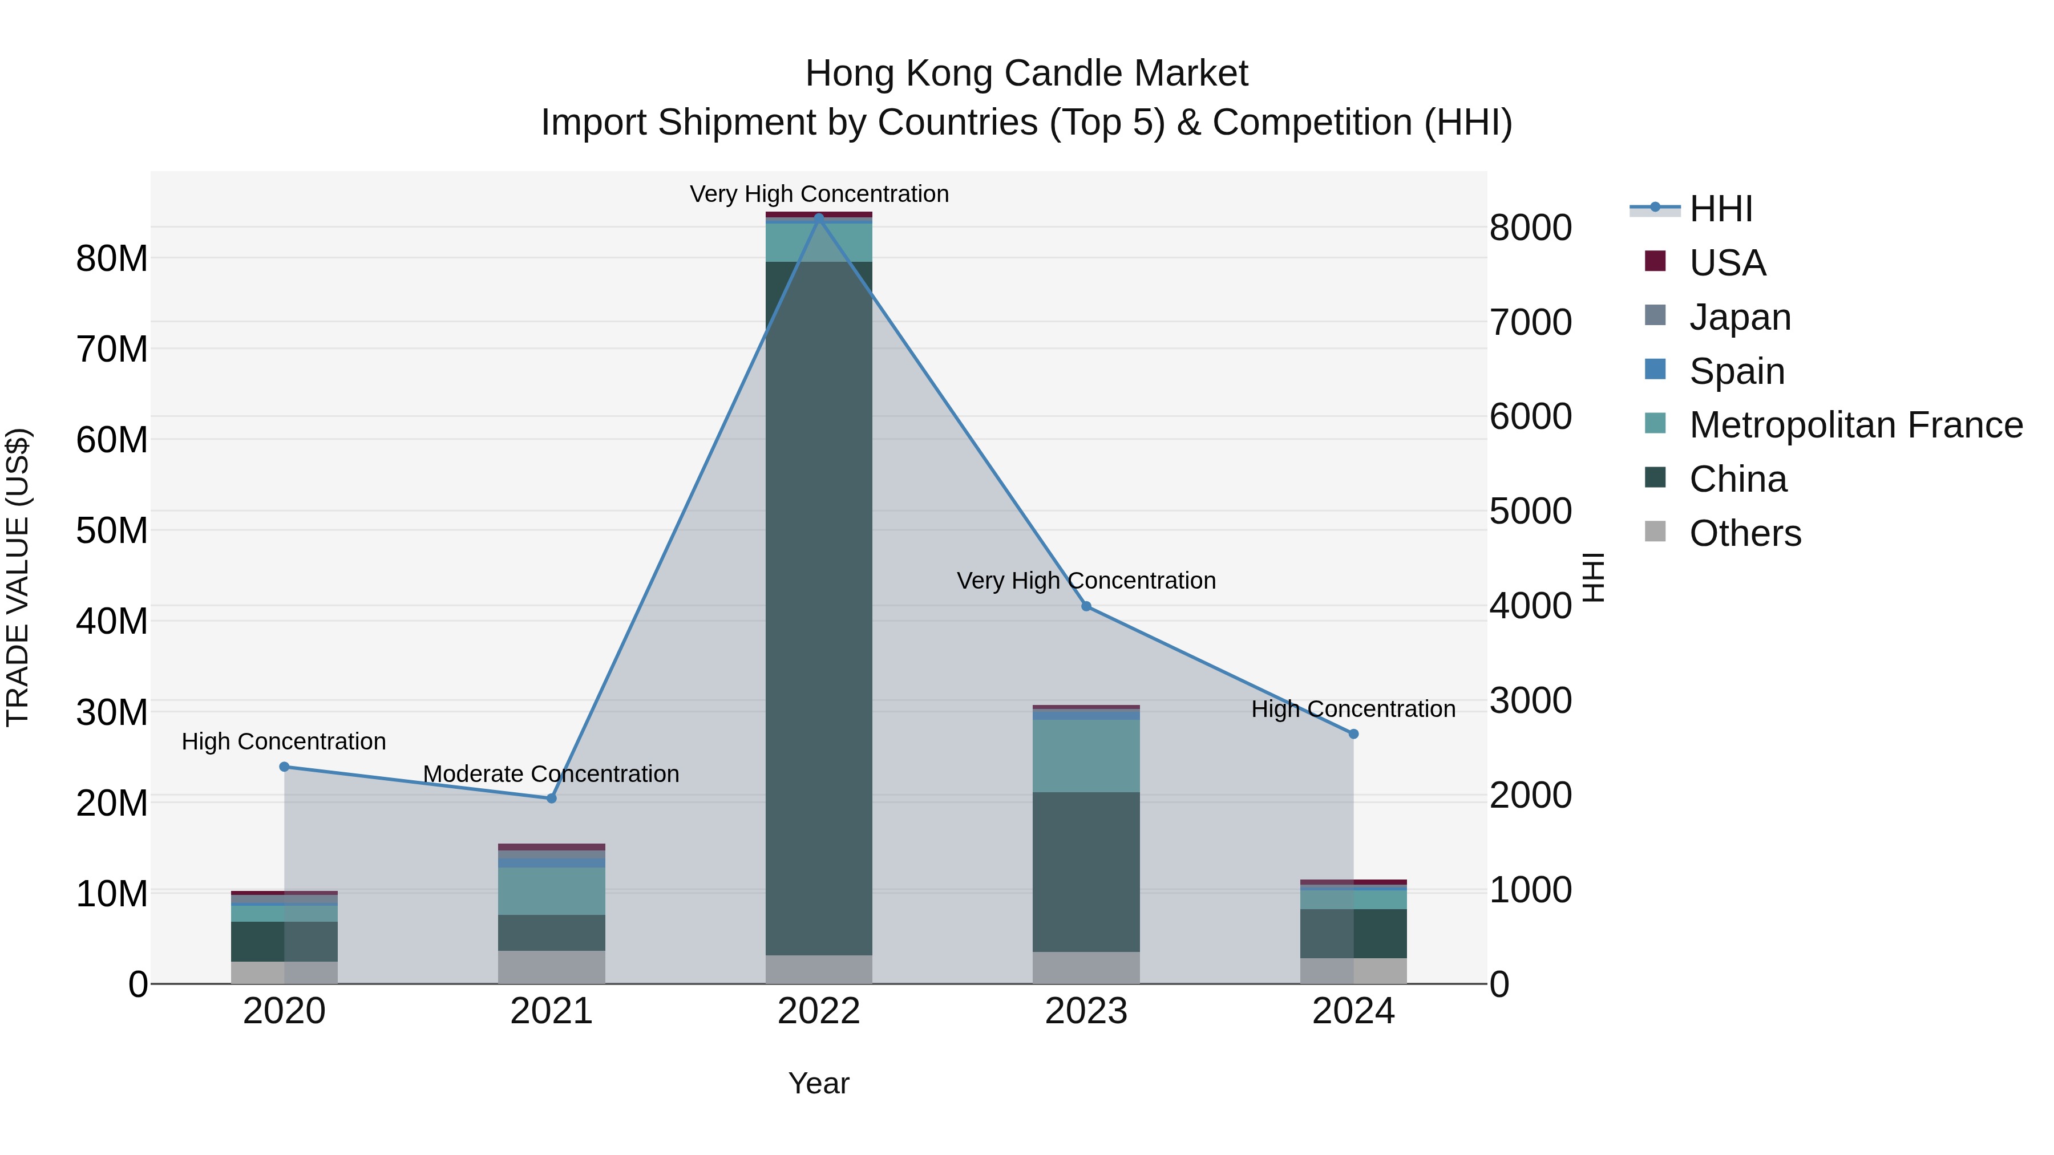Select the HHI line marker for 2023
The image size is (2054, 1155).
pyautogui.click(x=1086, y=607)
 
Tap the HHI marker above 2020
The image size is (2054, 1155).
pyautogui.click(x=285, y=767)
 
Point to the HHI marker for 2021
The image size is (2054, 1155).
pyautogui.click(x=552, y=798)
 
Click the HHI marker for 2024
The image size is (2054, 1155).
pyautogui.click(x=1353, y=734)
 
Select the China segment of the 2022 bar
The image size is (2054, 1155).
pyautogui.click(x=819, y=606)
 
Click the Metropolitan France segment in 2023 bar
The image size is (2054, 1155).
pyautogui.click(x=1086, y=756)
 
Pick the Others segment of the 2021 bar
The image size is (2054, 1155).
pyautogui.click(x=552, y=967)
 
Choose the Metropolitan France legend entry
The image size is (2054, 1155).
pyautogui.click(x=1855, y=425)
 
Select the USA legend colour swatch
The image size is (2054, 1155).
pyautogui.click(x=1655, y=261)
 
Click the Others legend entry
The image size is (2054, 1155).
pyautogui.click(x=1745, y=533)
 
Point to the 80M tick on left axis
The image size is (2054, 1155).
pyautogui.click(x=112, y=259)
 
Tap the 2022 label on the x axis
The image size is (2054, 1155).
pyautogui.click(x=819, y=1011)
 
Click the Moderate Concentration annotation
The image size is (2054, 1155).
pyautogui.click(x=551, y=774)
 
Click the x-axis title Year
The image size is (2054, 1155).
pyautogui.click(x=819, y=1083)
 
